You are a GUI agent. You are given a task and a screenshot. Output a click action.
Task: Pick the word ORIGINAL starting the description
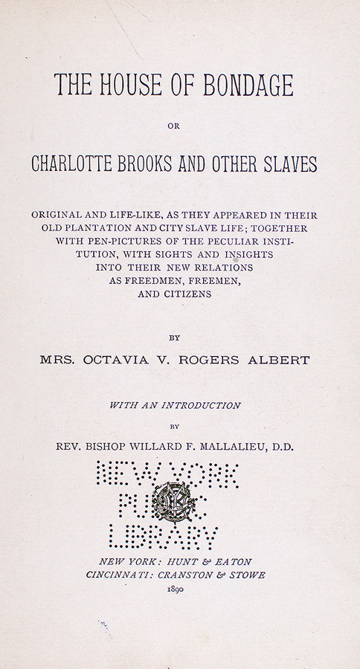(57, 214)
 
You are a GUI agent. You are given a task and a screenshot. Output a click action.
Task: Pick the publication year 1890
(176, 588)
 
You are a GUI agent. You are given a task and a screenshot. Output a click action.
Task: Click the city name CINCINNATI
(120, 575)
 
